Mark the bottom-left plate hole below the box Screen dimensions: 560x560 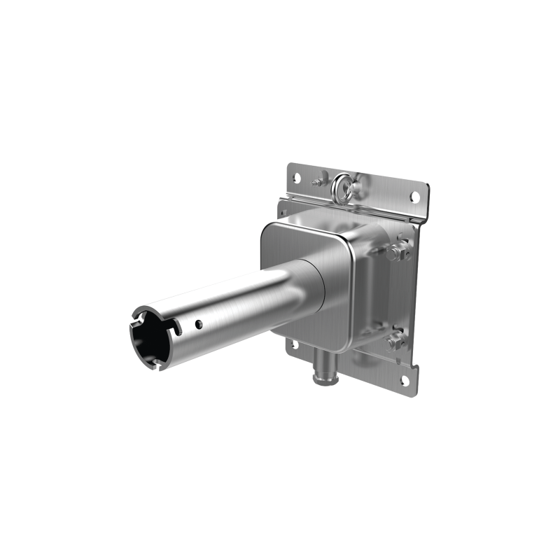click(295, 344)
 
